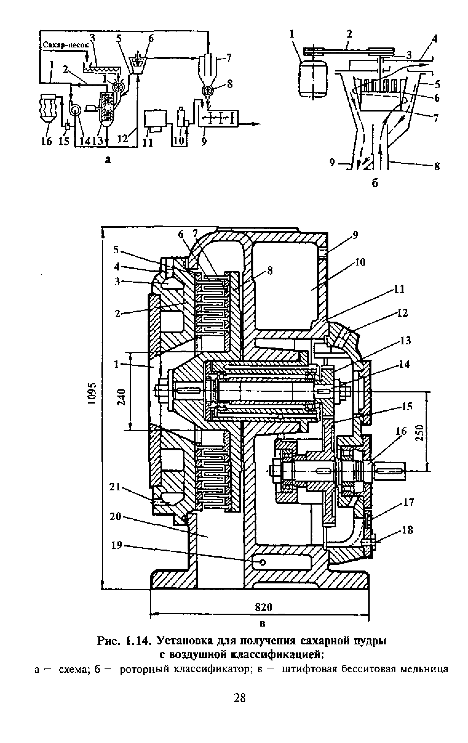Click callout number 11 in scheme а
click(148, 142)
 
